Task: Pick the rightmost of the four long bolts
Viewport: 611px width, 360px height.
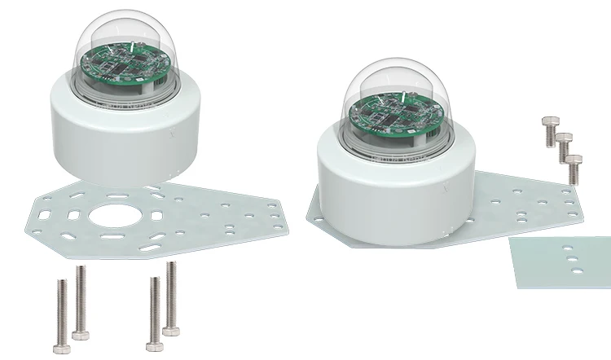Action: click(x=170, y=297)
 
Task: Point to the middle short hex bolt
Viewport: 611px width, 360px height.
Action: click(x=562, y=147)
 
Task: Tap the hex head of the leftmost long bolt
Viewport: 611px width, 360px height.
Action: click(x=61, y=349)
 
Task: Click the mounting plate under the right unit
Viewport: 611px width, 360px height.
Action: click(x=521, y=204)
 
